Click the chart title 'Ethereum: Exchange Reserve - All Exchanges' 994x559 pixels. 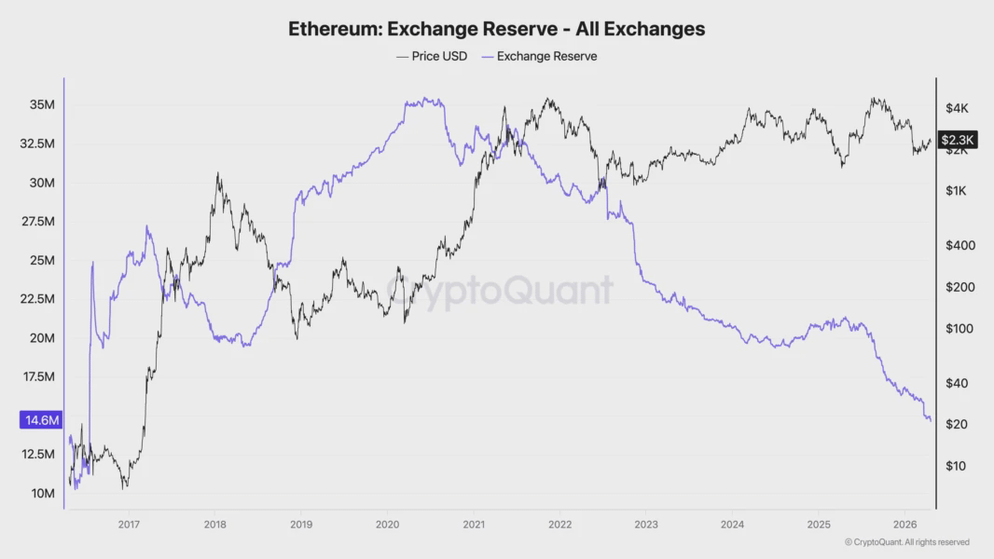pyautogui.click(x=496, y=29)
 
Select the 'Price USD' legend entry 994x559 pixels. pyautogui.click(x=433, y=56)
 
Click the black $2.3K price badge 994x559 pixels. pyautogui.click(x=958, y=140)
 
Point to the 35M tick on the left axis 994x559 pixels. pyautogui.click(x=42, y=105)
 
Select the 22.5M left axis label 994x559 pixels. pyautogui.click(x=37, y=299)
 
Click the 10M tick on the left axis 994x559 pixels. pyautogui.click(x=42, y=493)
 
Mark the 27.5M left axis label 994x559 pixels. pyautogui.click(x=37, y=222)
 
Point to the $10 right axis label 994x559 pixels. pyautogui.click(x=955, y=466)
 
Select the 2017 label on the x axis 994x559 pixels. pyautogui.click(x=129, y=524)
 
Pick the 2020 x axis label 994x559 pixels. pyautogui.click(x=387, y=524)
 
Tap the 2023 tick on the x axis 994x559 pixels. pyautogui.click(x=645, y=524)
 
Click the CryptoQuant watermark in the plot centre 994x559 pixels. pyautogui.click(x=500, y=291)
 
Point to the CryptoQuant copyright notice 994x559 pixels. pyautogui.click(x=906, y=542)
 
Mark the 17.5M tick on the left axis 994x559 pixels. pyautogui.click(x=37, y=376)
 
